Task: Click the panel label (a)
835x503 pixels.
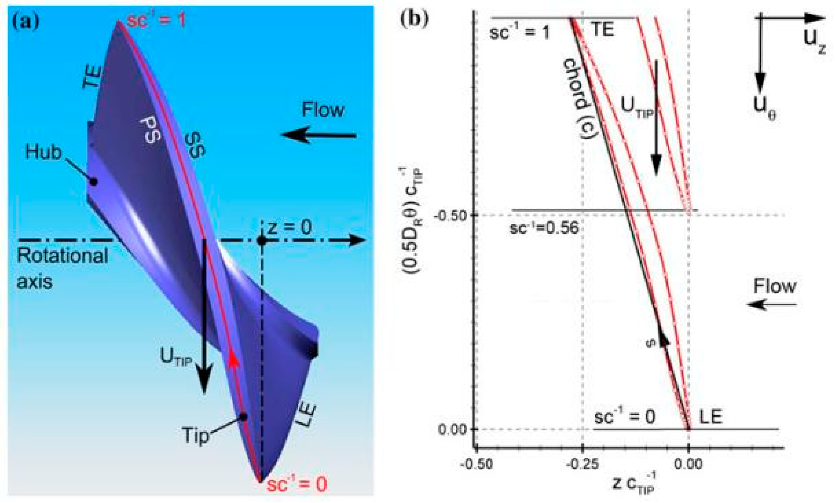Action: click(25, 22)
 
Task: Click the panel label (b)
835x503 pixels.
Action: click(415, 19)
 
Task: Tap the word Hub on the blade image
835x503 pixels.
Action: click(43, 152)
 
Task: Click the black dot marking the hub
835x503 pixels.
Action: click(93, 182)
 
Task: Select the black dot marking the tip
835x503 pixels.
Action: click(243, 417)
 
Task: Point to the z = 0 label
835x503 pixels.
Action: click(290, 227)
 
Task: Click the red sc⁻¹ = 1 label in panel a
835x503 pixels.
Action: click(156, 20)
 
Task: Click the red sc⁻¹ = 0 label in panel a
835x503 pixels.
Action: click(297, 484)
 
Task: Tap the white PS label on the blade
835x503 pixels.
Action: click(149, 130)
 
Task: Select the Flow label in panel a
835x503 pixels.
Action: click(322, 110)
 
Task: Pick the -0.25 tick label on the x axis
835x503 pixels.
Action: click(582, 464)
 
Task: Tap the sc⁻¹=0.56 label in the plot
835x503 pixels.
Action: click(544, 228)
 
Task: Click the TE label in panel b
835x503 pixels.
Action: click(603, 30)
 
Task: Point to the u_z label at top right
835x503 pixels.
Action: click(815, 42)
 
